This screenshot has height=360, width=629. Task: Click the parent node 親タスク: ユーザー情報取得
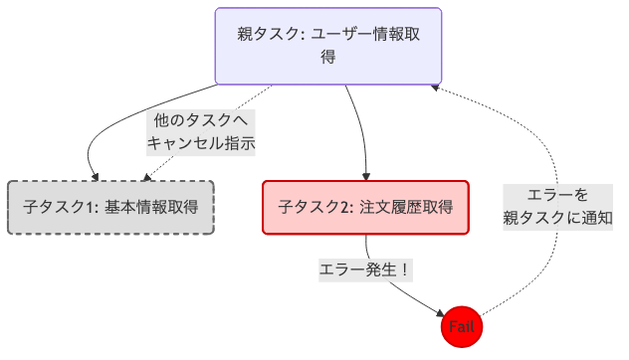click(328, 46)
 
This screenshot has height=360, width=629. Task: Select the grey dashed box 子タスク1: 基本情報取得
click(110, 208)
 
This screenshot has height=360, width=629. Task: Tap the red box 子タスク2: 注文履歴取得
click(365, 208)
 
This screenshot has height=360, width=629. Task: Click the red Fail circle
click(462, 326)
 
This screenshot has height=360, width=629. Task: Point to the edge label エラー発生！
click(365, 270)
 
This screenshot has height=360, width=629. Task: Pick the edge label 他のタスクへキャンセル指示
click(201, 131)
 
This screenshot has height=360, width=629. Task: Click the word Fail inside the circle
click(462, 326)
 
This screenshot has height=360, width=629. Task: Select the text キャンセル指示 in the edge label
click(201, 143)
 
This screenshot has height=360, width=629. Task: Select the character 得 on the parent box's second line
click(328, 58)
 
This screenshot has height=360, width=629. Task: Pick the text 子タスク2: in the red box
click(312, 208)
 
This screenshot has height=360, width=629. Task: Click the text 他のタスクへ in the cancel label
click(201, 119)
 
